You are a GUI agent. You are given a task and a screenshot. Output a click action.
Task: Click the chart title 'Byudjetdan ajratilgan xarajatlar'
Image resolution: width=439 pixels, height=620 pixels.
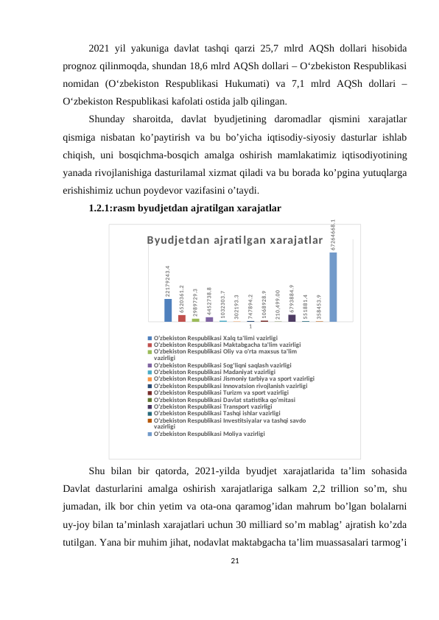tap(234, 241)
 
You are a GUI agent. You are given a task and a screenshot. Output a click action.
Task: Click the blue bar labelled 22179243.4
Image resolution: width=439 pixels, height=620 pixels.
tap(168, 310)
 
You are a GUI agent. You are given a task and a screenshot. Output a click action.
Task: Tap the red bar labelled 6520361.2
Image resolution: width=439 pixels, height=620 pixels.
tap(182, 318)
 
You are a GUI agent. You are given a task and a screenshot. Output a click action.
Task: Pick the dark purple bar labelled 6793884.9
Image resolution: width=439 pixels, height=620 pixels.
tap(292, 318)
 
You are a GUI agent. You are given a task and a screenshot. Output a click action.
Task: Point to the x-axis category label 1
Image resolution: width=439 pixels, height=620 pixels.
tap(250, 327)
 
